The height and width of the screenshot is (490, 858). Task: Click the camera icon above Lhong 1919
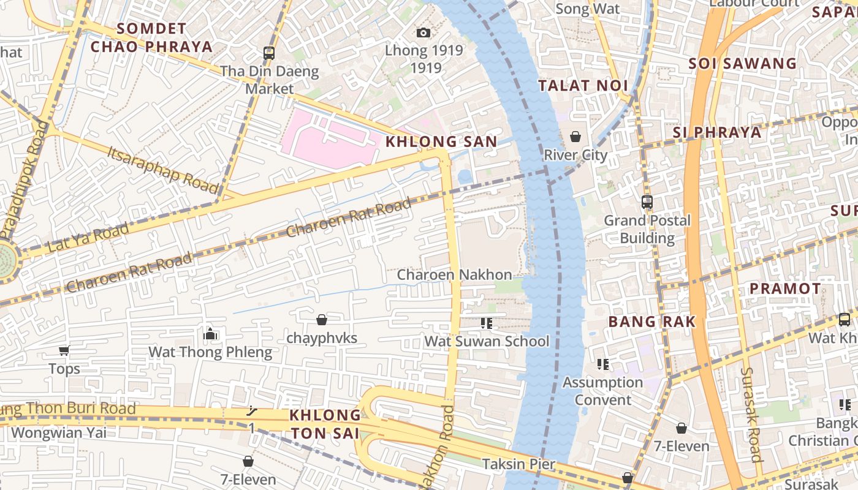click(423, 32)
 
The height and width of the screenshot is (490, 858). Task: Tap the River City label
click(575, 155)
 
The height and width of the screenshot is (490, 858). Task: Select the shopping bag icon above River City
click(575, 136)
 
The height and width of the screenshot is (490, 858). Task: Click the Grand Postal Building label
click(647, 229)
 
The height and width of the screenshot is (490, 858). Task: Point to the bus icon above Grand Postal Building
click(647, 202)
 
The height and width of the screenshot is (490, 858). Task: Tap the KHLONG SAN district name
click(441, 141)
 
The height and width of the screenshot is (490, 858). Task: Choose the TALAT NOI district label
click(583, 86)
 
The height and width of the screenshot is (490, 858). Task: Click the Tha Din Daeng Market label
click(270, 80)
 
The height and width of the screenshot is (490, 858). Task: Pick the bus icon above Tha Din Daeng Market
click(269, 53)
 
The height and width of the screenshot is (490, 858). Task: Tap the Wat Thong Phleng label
click(210, 352)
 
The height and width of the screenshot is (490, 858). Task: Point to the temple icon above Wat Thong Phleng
click(210, 334)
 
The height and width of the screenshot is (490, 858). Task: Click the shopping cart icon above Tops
click(64, 350)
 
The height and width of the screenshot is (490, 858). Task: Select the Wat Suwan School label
click(487, 341)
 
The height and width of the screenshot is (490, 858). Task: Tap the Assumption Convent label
click(602, 391)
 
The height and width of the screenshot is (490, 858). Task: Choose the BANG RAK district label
click(651, 322)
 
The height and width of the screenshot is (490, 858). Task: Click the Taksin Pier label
click(518, 464)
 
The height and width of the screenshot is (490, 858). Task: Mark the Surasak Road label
click(751, 414)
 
